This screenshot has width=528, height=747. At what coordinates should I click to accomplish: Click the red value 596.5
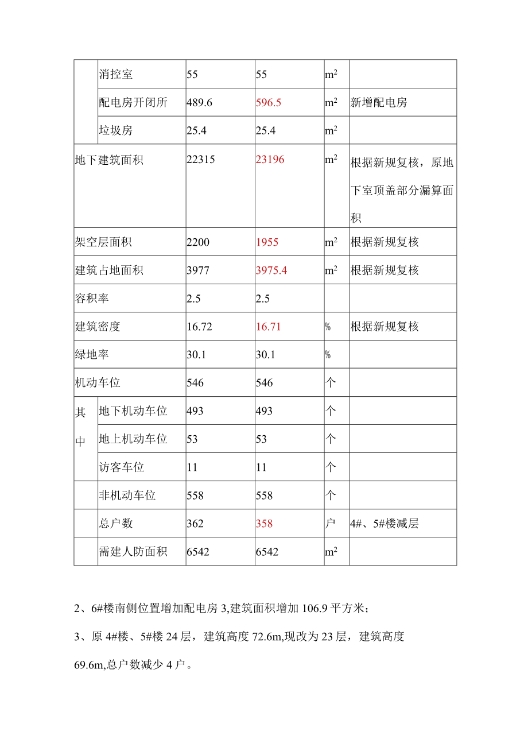click(x=269, y=103)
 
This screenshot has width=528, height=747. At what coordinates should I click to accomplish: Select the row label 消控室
click(x=116, y=75)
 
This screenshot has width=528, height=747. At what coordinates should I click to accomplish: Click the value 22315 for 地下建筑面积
click(x=201, y=160)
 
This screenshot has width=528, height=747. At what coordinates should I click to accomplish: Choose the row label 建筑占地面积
click(x=109, y=270)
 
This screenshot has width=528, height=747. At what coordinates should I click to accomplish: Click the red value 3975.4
click(x=271, y=270)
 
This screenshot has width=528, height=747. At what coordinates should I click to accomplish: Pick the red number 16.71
click(x=268, y=327)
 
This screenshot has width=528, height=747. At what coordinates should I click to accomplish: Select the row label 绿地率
click(x=92, y=355)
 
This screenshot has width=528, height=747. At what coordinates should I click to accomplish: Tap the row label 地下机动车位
click(x=133, y=411)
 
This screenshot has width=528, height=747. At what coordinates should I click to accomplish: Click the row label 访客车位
click(x=122, y=467)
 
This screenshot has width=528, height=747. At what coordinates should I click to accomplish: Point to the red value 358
click(x=264, y=524)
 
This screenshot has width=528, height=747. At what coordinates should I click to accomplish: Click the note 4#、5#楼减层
click(x=384, y=524)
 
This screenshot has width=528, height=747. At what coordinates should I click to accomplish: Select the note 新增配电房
click(x=379, y=103)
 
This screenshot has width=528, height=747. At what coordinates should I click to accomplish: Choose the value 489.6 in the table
click(x=200, y=103)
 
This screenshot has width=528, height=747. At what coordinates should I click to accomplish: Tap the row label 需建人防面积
click(x=133, y=552)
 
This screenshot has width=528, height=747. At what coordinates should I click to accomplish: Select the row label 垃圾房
click(x=116, y=131)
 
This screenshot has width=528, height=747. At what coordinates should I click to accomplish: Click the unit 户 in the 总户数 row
click(x=331, y=524)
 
